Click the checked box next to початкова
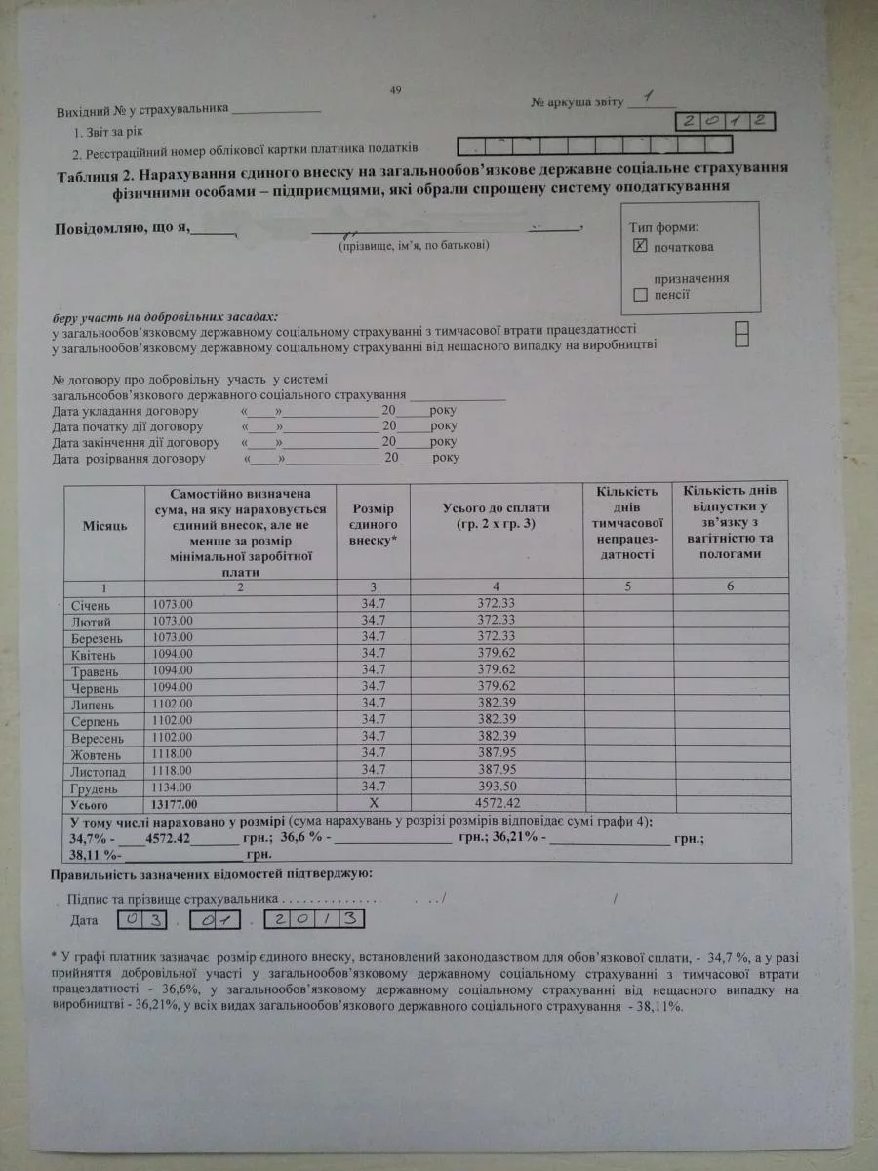point(639,246)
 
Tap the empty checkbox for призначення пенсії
point(639,293)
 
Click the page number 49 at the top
point(395,91)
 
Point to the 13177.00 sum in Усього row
point(175,805)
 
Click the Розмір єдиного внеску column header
point(373,524)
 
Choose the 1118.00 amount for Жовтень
point(174,754)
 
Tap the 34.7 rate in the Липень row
point(373,704)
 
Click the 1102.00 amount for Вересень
point(174,738)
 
